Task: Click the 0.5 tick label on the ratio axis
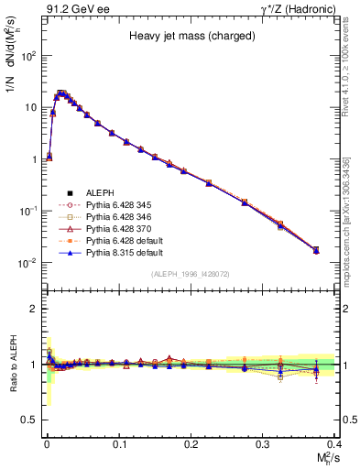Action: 30,420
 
